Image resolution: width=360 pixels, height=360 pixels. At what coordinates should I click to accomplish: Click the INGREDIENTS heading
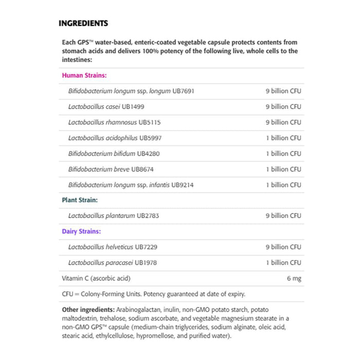[83, 23]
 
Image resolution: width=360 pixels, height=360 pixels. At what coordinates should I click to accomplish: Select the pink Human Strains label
[84, 75]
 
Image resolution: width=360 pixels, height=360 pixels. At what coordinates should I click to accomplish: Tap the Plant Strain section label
[80, 200]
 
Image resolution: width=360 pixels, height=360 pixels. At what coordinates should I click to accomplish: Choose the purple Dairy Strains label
[81, 231]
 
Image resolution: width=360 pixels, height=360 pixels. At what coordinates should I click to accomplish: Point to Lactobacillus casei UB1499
[106, 106]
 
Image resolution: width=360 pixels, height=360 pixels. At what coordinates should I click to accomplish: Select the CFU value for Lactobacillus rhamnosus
[283, 122]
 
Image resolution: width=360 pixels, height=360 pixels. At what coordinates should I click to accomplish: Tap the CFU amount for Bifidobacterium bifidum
[283, 153]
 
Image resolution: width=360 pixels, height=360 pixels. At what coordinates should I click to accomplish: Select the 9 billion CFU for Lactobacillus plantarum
[283, 216]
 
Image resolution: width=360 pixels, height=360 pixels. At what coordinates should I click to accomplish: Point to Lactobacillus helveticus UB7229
[113, 247]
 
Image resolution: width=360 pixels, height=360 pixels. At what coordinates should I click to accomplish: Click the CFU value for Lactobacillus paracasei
[283, 263]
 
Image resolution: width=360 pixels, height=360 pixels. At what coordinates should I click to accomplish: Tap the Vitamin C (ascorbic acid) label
[96, 278]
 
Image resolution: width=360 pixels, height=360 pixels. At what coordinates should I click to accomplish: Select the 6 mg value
[294, 278]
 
